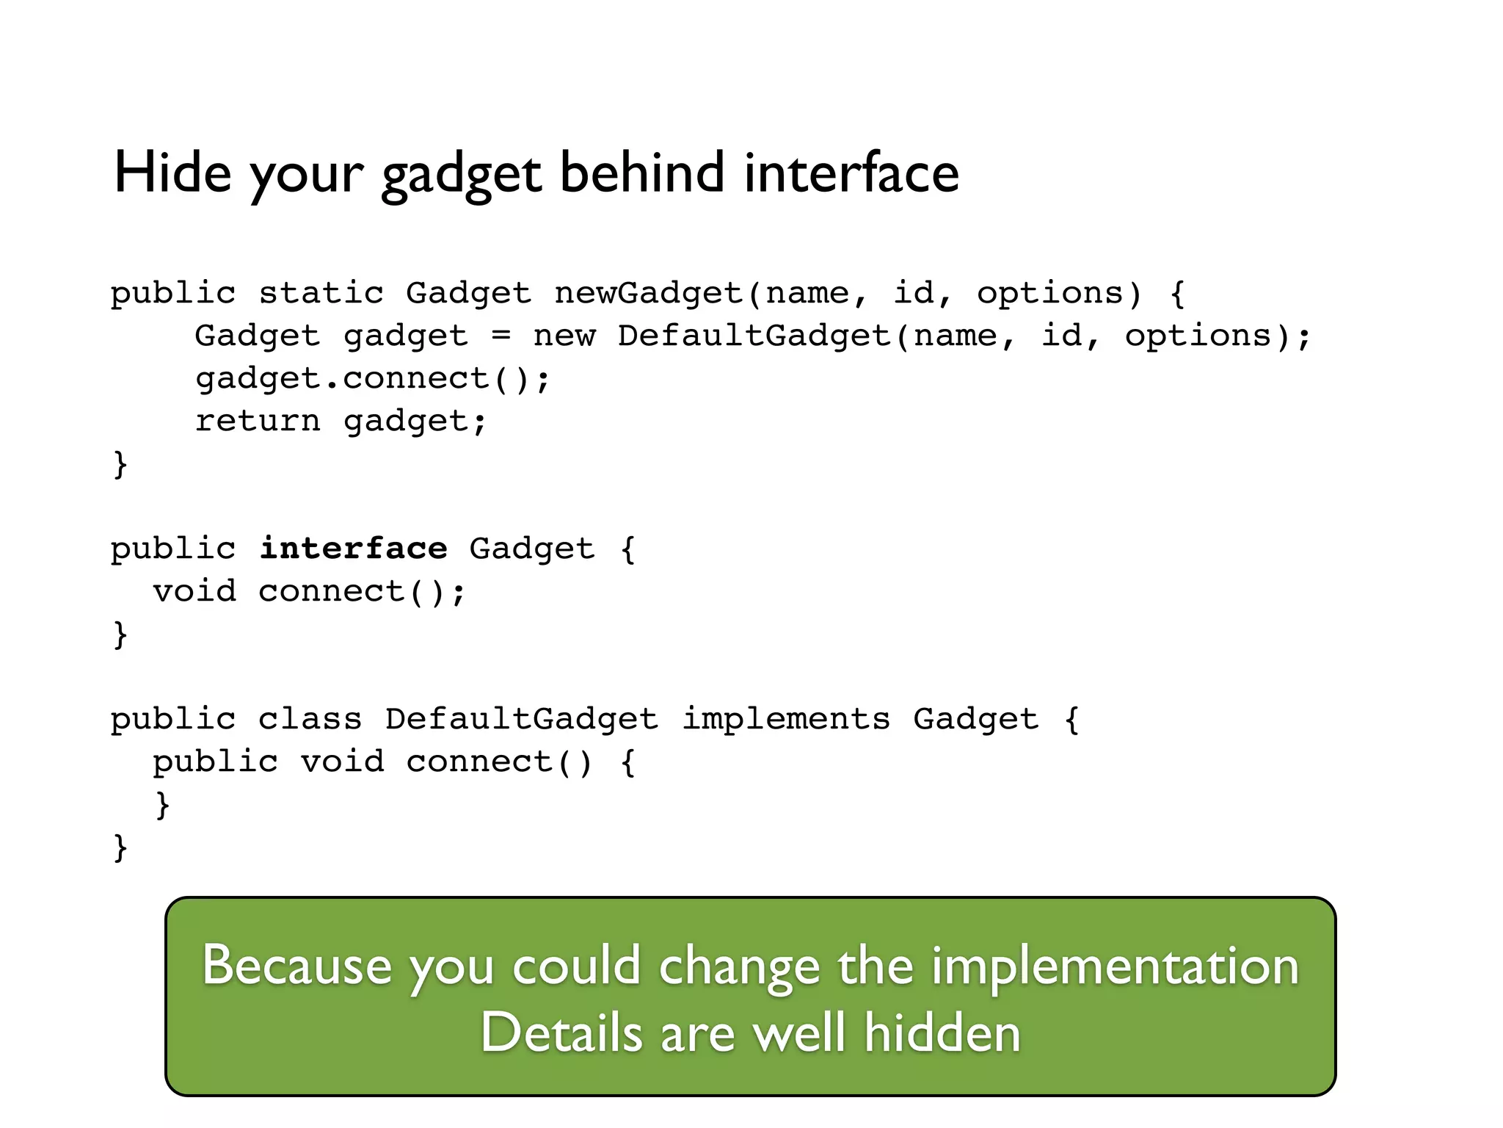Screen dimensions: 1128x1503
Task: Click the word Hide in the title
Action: (172, 173)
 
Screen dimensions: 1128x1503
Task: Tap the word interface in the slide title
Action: (851, 173)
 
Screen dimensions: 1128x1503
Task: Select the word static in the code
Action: (321, 294)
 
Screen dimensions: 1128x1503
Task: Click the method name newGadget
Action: (649, 294)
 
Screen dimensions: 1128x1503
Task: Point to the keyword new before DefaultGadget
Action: (564, 336)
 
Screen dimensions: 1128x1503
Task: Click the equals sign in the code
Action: (501, 336)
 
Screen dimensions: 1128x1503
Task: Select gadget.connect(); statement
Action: (372, 379)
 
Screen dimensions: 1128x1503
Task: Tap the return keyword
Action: (258, 422)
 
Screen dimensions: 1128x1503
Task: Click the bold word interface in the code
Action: (353, 549)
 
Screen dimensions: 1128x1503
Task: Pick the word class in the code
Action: (310, 720)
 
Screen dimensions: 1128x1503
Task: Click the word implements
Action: (786, 720)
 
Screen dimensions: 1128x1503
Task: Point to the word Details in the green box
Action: (561, 1033)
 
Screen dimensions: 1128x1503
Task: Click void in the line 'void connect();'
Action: (194, 592)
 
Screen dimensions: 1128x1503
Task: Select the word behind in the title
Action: (642, 173)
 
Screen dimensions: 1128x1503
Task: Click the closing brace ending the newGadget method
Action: (120, 464)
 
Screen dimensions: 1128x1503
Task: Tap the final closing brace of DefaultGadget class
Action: (120, 847)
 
